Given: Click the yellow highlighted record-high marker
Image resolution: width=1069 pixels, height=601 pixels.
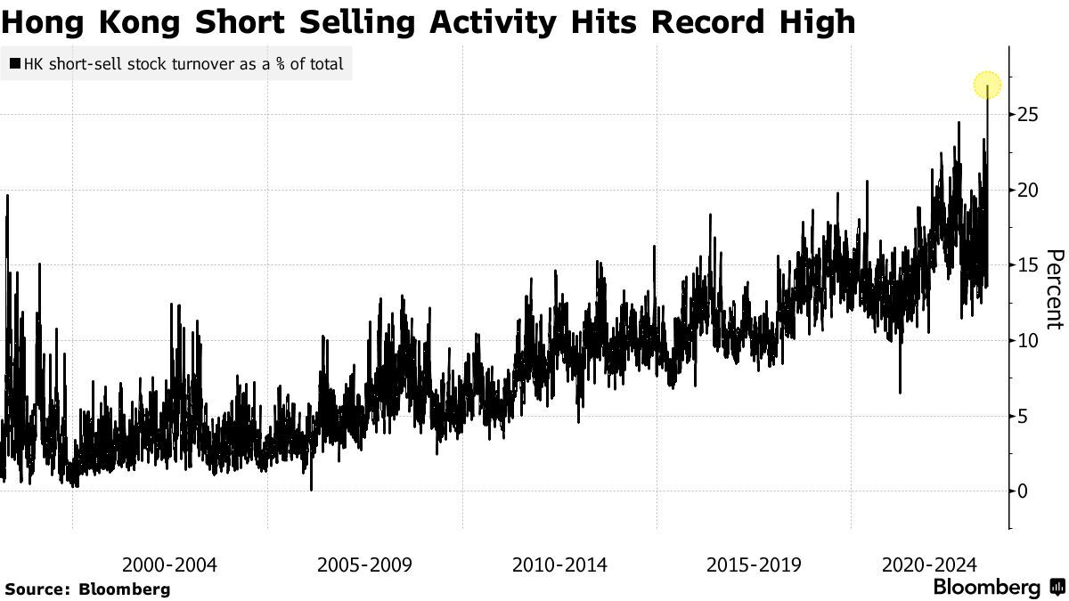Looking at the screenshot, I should click(987, 86).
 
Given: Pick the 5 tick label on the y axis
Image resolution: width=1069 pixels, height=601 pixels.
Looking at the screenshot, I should click(1024, 416).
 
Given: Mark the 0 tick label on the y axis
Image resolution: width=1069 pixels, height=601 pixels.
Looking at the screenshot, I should click(1024, 491).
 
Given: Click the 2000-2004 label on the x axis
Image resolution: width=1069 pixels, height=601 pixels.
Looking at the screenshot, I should click(169, 564).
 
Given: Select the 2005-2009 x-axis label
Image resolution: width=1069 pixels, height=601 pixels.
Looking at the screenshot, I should click(364, 564).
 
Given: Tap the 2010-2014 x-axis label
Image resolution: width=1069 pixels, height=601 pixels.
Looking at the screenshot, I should click(559, 564).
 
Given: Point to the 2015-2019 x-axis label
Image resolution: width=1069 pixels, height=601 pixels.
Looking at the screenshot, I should click(754, 564).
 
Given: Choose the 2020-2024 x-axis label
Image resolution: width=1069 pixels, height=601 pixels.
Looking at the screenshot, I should click(929, 564).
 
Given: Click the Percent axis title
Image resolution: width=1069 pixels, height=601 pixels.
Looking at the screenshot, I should click(1054, 289).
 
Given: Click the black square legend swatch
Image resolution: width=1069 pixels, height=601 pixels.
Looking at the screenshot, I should click(15, 64).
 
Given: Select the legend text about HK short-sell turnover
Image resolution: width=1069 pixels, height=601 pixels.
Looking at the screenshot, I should click(183, 64).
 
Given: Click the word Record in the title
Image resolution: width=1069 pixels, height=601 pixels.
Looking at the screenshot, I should click(710, 21).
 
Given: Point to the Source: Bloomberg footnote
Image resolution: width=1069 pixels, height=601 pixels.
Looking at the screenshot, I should click(87, 589).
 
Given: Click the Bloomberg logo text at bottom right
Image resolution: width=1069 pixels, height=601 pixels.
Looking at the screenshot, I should click(986, 588).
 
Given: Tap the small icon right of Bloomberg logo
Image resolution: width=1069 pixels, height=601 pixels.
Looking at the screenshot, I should click(1057, 588).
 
